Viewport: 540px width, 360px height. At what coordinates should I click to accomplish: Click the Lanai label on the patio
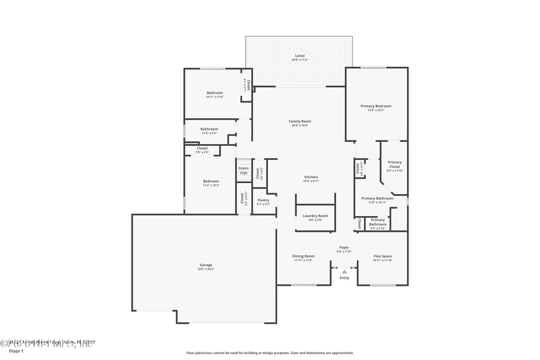(x=300, y=55)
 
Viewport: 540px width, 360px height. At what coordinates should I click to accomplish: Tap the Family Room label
(x=300, y=122)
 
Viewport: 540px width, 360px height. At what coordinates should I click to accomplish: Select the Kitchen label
(x=310, y=177)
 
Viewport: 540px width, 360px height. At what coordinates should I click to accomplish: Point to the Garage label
(x=205, y=265)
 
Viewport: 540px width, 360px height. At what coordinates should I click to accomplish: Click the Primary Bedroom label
(x=375, y=106)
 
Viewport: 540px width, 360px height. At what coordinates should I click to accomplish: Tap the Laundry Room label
(x=315, y=215)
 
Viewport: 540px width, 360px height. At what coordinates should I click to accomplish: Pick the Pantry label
(x=263, y=200)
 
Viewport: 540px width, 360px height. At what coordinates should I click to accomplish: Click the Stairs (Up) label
(x=243, y=170)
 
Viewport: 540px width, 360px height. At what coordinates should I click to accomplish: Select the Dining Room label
(x=303, y=256)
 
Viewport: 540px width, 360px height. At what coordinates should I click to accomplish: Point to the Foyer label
(x=344, y=248)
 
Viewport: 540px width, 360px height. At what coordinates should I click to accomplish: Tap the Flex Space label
(x=383, y=256)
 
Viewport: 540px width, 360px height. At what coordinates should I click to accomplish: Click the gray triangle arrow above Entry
(x=344, y=272)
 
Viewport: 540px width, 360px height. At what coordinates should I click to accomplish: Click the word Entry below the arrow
(x=344, y=278)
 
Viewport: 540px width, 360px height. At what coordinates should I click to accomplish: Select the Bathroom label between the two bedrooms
(x=209, y=128)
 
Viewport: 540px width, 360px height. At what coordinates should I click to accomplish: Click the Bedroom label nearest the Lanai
(x=214, y=93)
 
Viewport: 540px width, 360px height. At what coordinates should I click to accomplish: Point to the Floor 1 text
(x=16, y=351)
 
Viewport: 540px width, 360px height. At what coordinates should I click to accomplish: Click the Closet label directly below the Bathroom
(x=202, y=148)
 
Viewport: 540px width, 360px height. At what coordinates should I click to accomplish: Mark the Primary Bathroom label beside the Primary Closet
(x=377, y=199)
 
